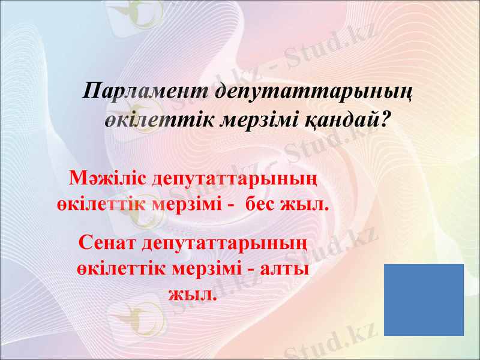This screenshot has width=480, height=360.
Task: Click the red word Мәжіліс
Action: coord(109,178)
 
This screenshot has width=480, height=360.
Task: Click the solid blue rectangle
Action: coord(424,299)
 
